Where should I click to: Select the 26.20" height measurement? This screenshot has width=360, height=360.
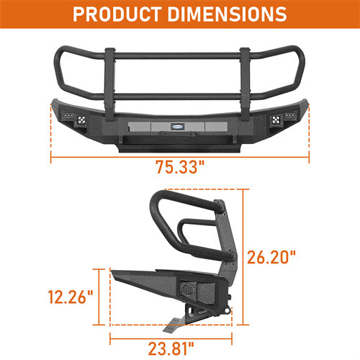click(x=272, y=256)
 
